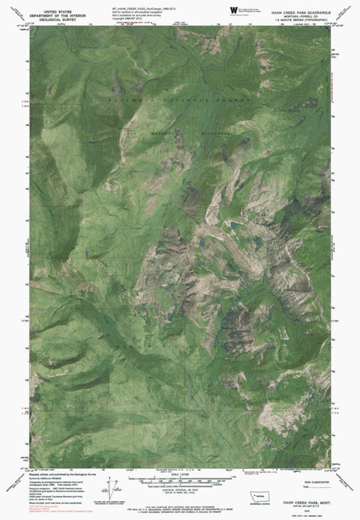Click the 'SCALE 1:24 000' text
coord(180,452)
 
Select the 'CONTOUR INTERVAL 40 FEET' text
coord(180,472)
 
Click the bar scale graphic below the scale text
coord(180,460)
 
